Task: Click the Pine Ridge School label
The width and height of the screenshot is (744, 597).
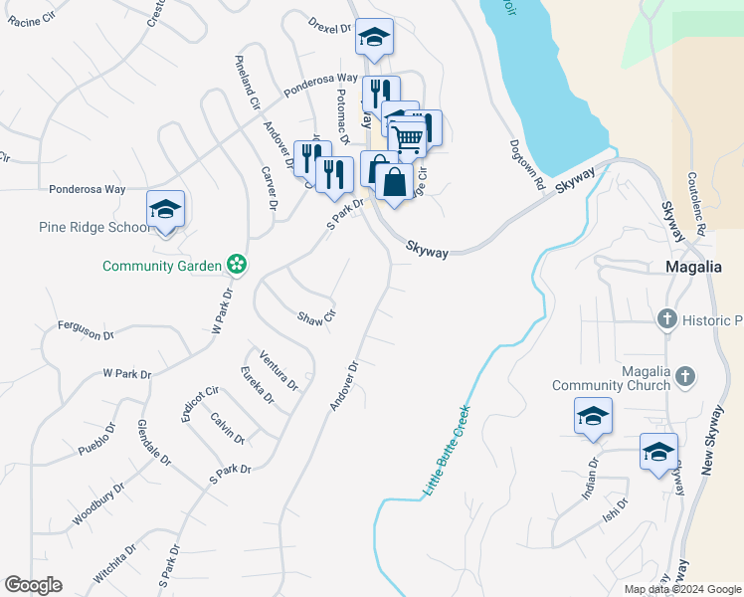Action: tap(94, 227)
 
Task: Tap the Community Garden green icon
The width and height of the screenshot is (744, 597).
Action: tap(237, 265)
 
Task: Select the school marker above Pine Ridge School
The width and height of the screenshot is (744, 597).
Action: tap(165, 209)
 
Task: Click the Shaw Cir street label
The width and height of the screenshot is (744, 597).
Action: tap(317, 318)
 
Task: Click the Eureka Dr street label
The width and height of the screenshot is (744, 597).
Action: tap(258, 385)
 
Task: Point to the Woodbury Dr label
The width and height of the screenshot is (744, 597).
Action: tap(97, 504)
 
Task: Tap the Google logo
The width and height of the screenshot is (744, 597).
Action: tap(33, 585)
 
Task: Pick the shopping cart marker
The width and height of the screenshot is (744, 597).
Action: tap(409, 136)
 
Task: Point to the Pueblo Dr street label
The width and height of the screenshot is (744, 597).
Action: tap(97, 441)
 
